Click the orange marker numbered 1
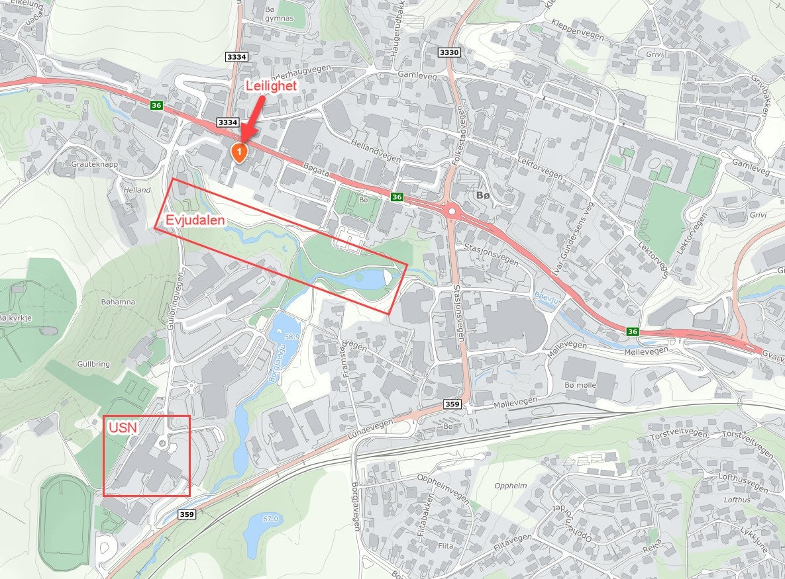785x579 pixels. click(x=238, y=152)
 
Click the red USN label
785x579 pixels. click(x=123, y=427)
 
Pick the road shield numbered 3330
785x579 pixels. click(x=448, y=52)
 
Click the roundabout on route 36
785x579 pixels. click(x=452, y=211)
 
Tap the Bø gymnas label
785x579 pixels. click(x=278, y=14)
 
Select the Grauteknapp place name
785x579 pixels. click(x=97, y=163)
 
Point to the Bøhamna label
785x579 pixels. click(x=118, y=302)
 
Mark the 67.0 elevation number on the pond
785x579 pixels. click(x=270, y=518)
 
